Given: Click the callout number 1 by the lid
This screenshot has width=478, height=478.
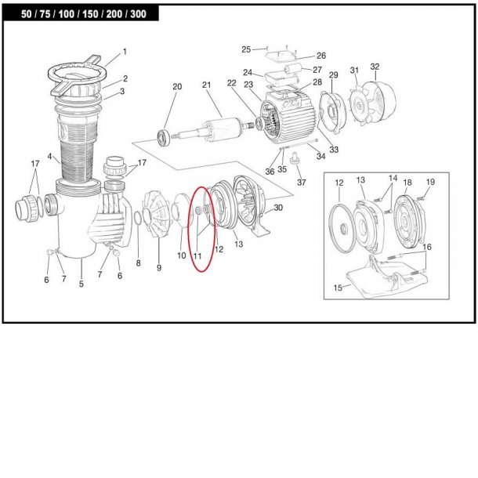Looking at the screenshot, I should pos(123,54).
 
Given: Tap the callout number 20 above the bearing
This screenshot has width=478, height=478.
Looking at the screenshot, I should pos(177,86).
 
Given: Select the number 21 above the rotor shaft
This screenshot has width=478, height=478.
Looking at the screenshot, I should pos(207,85).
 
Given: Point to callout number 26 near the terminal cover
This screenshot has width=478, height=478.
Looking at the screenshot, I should pos(299,56).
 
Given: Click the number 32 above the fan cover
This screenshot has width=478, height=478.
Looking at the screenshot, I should pos(375,67).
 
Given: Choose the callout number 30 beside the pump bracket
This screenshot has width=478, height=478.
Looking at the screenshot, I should pos(278,208).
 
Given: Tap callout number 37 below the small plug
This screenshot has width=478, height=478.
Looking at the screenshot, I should pos(302,183).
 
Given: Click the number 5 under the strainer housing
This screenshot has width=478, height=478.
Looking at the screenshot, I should pos(81,284).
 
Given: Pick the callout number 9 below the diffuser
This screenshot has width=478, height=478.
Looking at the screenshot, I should pos(158,268).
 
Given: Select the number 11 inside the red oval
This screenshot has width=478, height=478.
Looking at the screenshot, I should pos(197,255).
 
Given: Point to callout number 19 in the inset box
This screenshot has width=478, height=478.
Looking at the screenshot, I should pos(429,182).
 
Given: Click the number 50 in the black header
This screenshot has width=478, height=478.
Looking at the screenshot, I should pos(27,13).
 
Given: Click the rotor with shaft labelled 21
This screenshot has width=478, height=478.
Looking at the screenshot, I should pos(215,126).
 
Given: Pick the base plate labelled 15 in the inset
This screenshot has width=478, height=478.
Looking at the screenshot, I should pos(380,282).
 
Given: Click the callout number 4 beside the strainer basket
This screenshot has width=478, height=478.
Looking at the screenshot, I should pos(49,157).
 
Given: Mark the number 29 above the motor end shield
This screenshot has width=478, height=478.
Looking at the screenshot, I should pos(333,74).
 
